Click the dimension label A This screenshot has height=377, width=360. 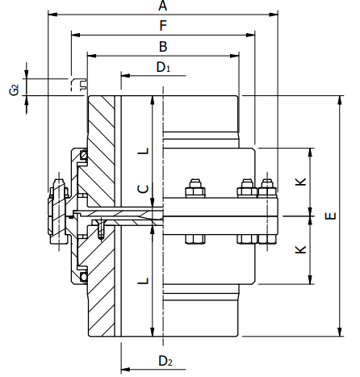[162, 6]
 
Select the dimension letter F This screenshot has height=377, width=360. [162, 26]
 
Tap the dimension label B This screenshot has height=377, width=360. [162, 46]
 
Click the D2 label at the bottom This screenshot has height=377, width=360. [163, 360]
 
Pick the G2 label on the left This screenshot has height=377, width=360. [15, 88]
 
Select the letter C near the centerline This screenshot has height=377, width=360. [142, 188]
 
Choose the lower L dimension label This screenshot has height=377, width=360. [142, 280]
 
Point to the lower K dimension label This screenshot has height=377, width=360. [299, 250]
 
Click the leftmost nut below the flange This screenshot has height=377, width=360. [194, 240]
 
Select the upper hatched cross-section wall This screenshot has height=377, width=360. [101, 145]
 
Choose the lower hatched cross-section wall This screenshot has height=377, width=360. [101, 291]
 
